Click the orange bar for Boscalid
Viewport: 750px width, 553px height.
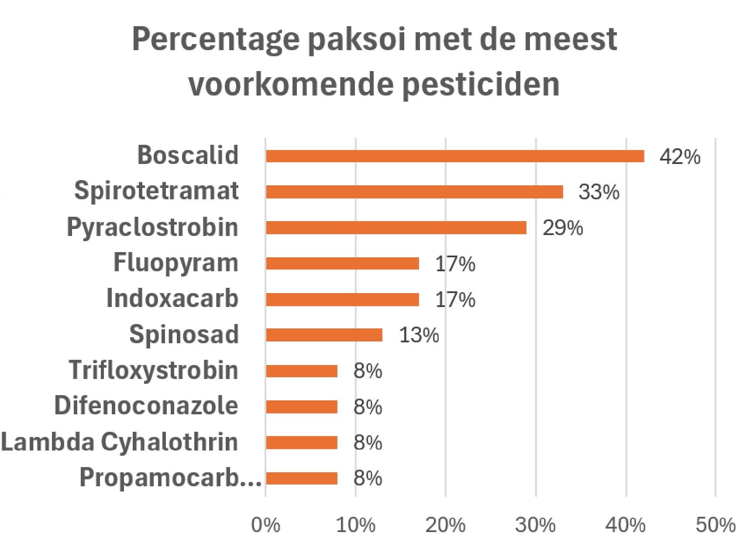point(455,156)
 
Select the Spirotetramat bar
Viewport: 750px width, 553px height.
point(414,192)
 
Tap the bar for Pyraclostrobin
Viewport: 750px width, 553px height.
point(396,228)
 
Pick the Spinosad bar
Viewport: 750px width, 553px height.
point(324,335)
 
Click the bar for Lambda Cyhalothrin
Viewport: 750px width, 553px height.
point(302,443)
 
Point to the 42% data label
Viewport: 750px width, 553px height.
point(680,157)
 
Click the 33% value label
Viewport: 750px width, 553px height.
point(599,192)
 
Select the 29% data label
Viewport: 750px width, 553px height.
point(562,228)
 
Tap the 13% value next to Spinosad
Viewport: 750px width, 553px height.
point(419,335)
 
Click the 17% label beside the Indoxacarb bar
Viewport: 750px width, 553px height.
point(455,300)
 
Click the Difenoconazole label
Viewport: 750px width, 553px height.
point(146,406)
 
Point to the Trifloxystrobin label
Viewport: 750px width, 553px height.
point(154,371)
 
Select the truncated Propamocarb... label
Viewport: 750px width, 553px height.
point(170,478)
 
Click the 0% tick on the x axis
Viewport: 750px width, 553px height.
point(265,525)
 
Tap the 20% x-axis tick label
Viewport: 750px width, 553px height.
point(445,525)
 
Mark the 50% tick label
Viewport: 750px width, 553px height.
point(716,525)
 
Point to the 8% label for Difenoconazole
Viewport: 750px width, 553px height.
point(368,407)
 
